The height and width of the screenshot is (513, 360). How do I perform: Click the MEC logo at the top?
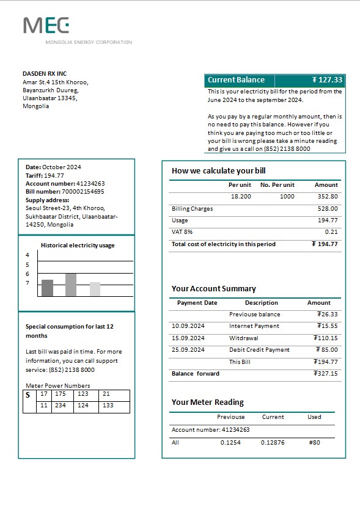click(x=46, y=26)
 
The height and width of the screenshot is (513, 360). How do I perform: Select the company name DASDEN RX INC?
click(x=45, y=73)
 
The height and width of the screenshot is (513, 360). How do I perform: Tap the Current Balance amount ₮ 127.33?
click(x=327, y=80)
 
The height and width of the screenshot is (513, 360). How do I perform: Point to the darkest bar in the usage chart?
click(x=48, y=288)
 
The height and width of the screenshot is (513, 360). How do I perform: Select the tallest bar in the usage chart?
click(x=71, y=285)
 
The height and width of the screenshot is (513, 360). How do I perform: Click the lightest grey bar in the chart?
click(x=95, y=289)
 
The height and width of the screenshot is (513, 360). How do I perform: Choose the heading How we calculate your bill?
click(x=219, y=171)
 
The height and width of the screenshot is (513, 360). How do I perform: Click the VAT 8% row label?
click(x=182, y=232)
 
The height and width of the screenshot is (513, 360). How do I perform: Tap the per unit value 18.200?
click(x=241, y=197)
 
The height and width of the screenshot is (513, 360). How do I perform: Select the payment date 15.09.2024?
click(x=188, y=338)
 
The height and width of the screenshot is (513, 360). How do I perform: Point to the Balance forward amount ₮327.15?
click(x=325, y=374)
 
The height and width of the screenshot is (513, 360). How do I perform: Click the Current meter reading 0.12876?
click(x=273, y=443)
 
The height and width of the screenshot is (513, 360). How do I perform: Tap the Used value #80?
click(x=314, y=443)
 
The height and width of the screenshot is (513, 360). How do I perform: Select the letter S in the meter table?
click(x=28, y=395)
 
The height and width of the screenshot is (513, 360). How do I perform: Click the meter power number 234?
click(x=61, y=406)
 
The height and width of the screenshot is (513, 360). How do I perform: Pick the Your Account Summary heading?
click(x=214, y=289)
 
